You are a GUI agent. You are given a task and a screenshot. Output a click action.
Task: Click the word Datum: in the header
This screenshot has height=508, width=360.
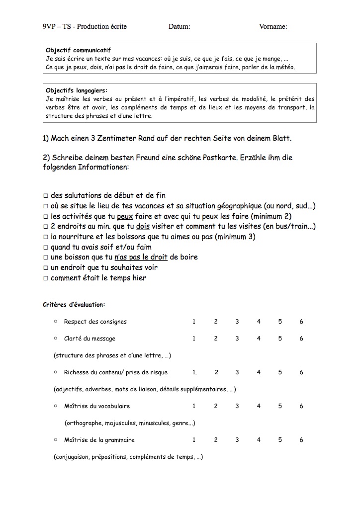click(179, 26)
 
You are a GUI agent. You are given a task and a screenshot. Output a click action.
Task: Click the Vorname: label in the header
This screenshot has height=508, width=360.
click(273, 26)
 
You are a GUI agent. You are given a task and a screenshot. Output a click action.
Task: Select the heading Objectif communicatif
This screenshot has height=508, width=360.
click(78, 50)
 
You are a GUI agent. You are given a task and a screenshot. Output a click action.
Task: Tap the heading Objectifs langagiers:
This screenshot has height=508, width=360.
click(76, 90)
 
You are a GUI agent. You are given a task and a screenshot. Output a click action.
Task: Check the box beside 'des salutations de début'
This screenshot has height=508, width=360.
click(45, 196)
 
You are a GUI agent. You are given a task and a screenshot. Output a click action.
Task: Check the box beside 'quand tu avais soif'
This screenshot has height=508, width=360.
click(45, 247)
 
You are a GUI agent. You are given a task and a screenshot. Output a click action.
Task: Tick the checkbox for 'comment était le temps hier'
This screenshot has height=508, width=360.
click(45, 278)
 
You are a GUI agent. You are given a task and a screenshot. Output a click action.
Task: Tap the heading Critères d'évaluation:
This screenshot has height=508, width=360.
click(74, 305)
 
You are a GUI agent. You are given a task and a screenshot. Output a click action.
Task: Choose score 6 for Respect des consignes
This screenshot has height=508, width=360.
click(301, 322)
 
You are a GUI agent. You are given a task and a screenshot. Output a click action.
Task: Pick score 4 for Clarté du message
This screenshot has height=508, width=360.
click(259, 339)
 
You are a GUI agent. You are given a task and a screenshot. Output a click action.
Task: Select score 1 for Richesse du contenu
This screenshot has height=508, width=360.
click(194, 372)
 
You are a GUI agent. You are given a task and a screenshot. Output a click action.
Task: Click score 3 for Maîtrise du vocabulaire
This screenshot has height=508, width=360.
click(237, 406)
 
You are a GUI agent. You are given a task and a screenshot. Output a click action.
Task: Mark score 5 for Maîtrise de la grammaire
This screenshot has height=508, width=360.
click(280, 440)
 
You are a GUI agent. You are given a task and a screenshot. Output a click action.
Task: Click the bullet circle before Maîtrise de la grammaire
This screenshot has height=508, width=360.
click(56, 440)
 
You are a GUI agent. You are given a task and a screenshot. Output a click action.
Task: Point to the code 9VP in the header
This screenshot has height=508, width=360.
click(50, 26)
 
